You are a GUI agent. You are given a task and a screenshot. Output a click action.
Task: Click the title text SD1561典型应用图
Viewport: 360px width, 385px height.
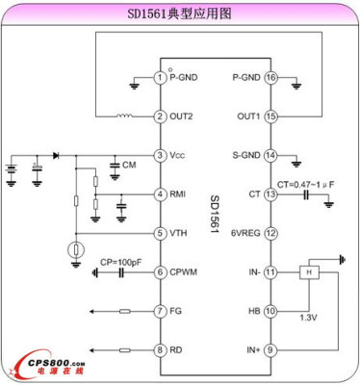pos(179,14)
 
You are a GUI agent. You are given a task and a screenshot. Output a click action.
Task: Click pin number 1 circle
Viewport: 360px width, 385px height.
pos(160,77)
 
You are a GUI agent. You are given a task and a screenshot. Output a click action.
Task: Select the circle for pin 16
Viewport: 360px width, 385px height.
pos(270,77)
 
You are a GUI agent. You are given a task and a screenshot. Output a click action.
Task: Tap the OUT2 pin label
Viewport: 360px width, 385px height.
pos(183,116)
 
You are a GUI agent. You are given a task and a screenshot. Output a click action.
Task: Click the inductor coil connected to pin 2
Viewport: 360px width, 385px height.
pos(124,116)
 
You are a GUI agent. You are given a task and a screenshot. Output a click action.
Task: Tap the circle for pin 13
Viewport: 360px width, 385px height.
pos(270,194)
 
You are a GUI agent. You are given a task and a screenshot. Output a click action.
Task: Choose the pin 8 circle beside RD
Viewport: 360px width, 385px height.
pos(160,349)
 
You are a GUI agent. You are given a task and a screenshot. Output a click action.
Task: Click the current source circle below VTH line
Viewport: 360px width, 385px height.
pos(75,252)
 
